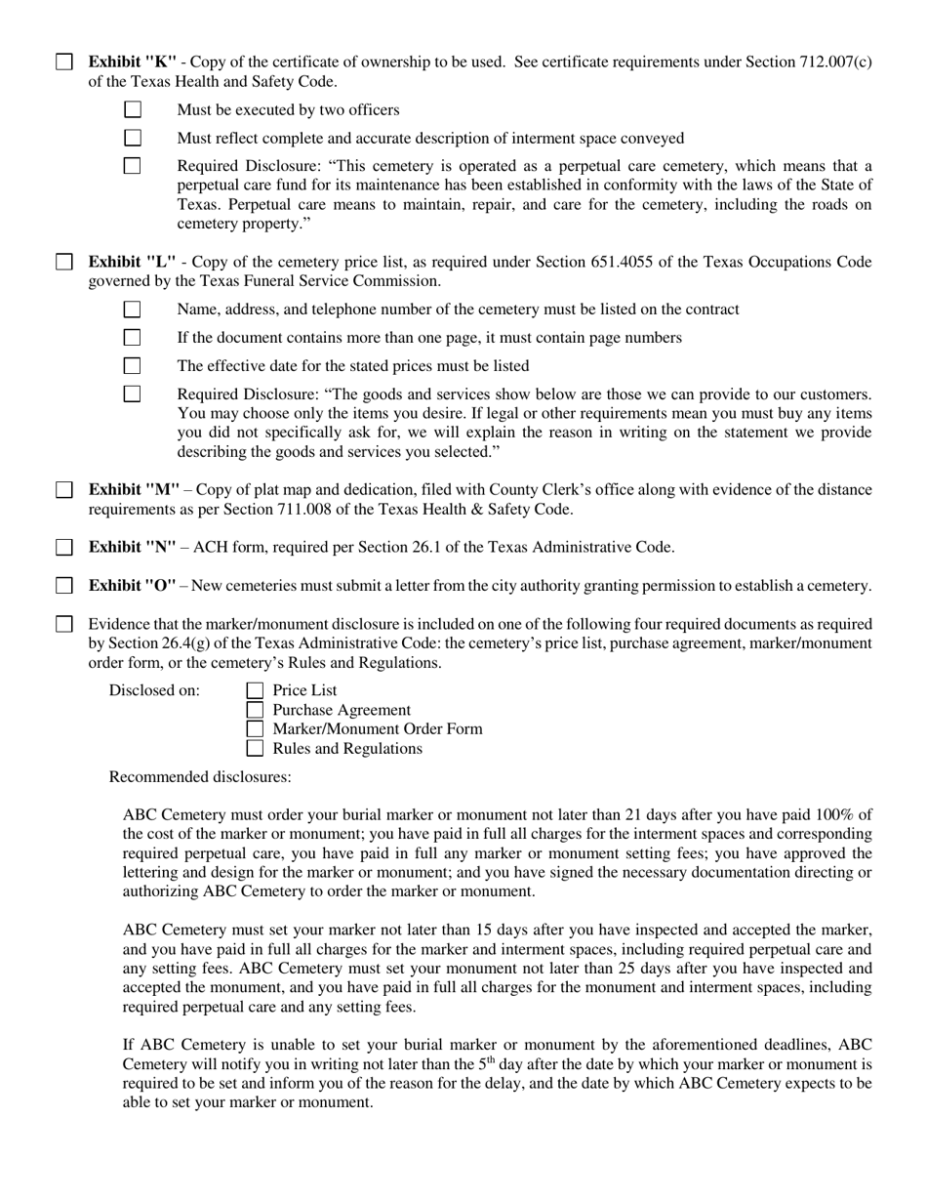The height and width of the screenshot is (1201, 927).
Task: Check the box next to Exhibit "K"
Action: [63, 62]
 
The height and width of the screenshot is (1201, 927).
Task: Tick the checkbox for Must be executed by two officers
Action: [133, 110]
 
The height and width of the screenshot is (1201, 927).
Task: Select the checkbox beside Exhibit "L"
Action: [63, 262]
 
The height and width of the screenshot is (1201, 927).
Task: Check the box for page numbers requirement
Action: [133, 338]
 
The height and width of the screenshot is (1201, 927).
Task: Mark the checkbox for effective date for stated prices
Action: [133, 366]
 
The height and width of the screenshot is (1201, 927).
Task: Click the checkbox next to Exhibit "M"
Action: [63, 490]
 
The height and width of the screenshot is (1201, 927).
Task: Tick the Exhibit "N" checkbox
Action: [63, 548]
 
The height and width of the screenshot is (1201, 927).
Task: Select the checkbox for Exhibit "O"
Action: [63, 586]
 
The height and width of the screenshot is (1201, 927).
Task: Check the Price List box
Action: [255, 691]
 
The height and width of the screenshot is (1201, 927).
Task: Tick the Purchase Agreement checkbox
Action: [255, 710]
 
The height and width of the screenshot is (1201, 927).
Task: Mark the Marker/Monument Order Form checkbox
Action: [255, 729]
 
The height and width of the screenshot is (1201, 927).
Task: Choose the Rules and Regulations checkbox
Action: [255, 749]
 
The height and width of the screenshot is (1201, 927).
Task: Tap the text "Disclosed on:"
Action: [154, 691]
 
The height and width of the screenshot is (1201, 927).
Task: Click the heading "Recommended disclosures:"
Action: [200, 778]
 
